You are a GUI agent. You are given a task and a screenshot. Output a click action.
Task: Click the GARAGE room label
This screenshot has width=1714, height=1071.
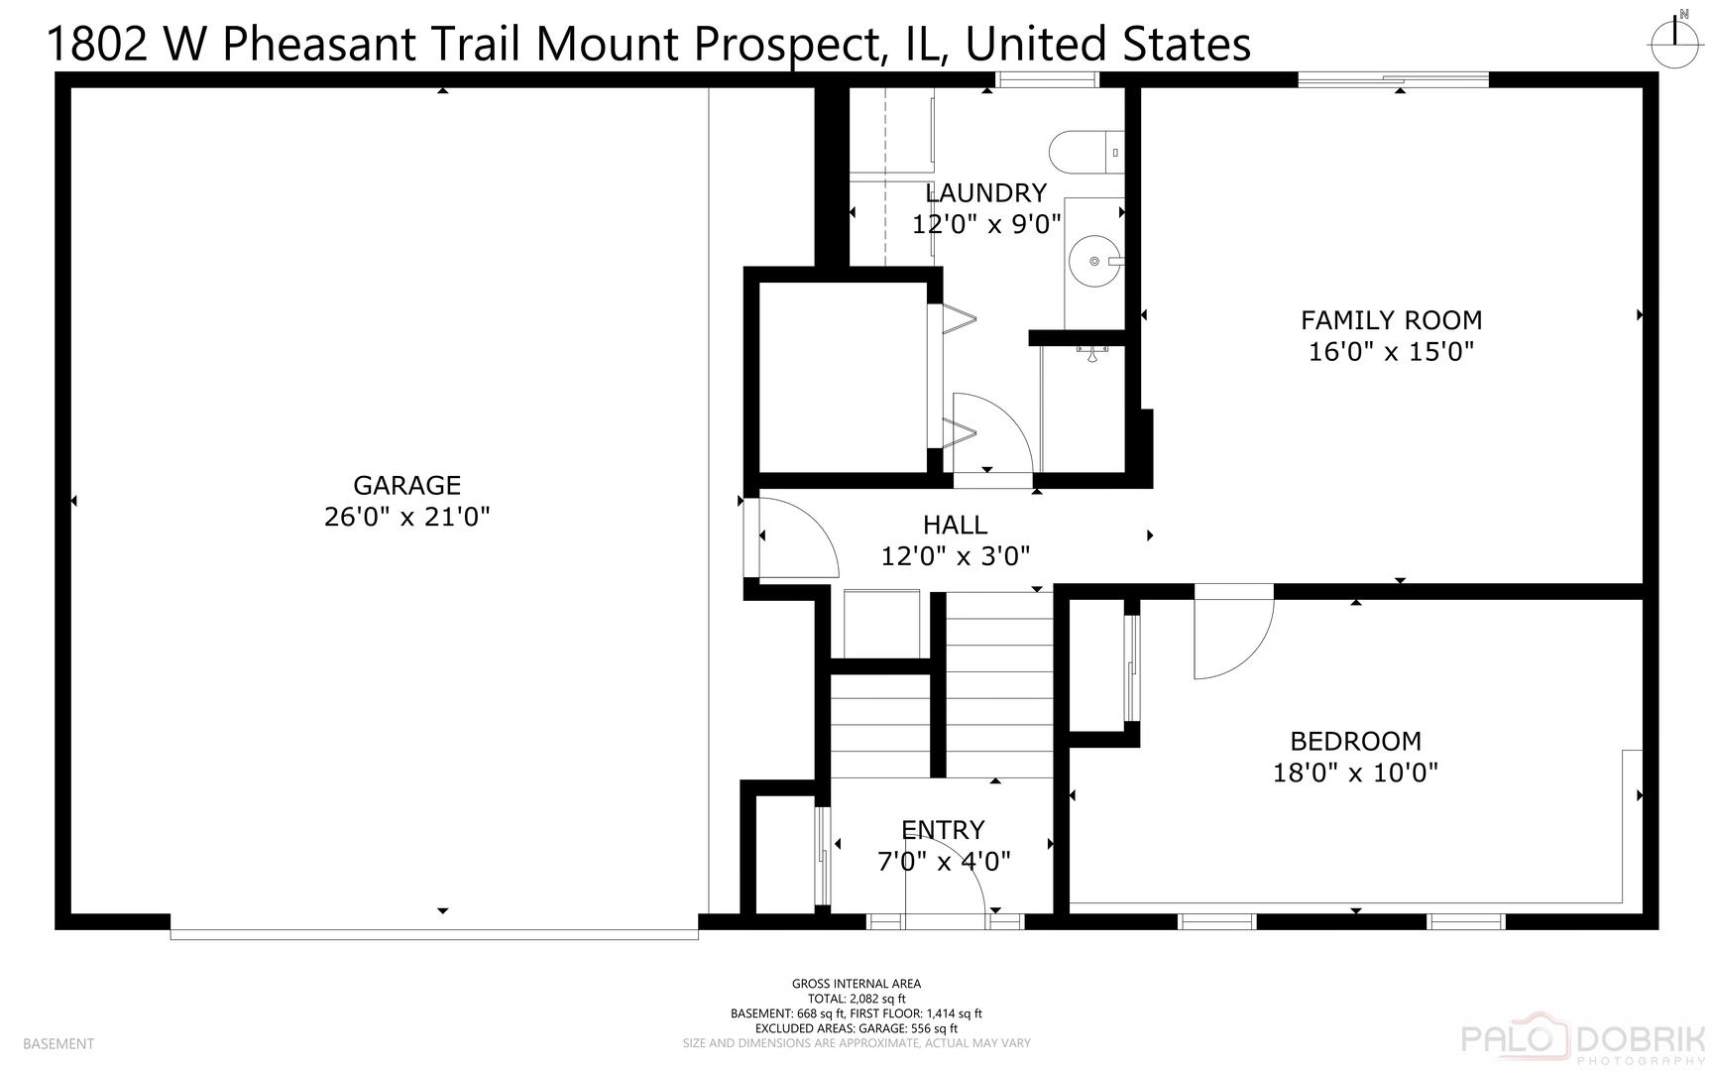point(406,485)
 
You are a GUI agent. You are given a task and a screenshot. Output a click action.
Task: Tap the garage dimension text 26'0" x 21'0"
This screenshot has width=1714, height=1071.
point(406,517)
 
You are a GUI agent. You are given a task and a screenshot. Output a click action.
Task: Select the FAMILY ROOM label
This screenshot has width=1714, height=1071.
point(1391,320)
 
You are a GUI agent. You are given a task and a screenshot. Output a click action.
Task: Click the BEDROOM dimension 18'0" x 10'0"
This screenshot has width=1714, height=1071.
point(1355,773)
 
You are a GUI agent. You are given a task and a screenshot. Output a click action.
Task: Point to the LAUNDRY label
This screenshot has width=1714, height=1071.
point(985,192)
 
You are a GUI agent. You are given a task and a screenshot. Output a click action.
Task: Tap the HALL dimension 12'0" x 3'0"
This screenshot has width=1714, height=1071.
point(956,556)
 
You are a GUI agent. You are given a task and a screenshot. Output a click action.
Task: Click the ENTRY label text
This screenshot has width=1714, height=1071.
point(943,829)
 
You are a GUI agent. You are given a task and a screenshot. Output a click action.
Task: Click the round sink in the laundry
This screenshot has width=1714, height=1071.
point(1095,261)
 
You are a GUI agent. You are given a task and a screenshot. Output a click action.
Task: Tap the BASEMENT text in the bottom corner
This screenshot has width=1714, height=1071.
point(58,1043)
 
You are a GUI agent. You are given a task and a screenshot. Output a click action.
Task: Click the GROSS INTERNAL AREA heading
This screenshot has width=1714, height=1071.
point(857,984)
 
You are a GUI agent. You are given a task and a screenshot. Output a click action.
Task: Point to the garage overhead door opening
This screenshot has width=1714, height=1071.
point(433,933)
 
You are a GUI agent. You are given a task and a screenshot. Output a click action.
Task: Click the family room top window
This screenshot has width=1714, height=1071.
point(1394,79)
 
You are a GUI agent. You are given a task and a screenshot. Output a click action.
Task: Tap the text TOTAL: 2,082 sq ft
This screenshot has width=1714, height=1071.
point(857,999)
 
